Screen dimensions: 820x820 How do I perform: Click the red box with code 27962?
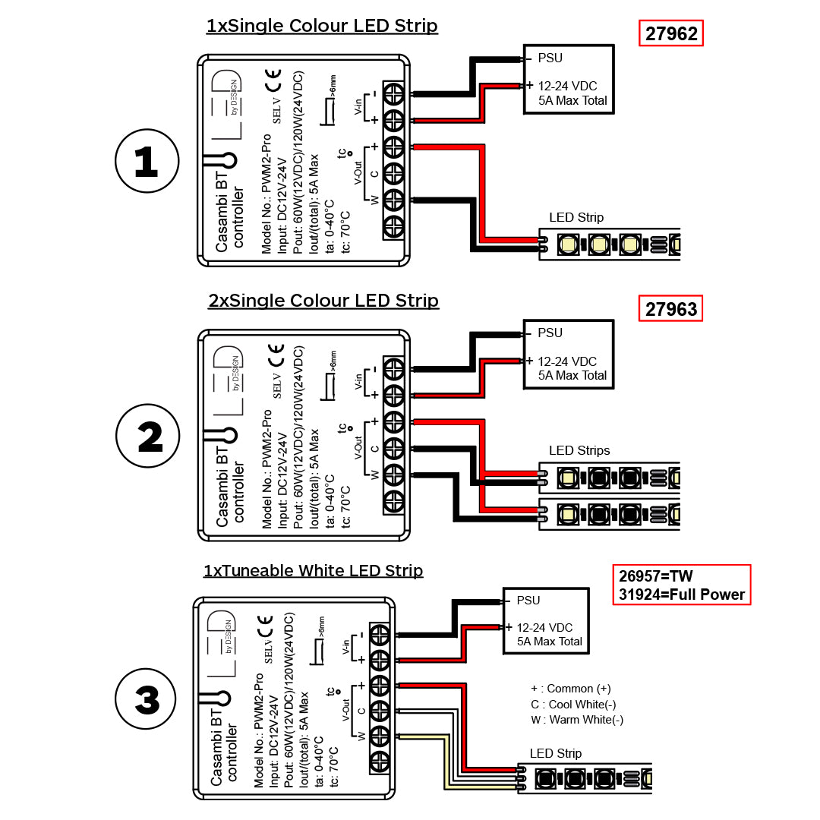click(x=671, y=34)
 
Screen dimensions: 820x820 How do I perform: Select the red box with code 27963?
click(x=671, y=309)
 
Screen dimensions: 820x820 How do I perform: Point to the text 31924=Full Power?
click(x=681, y=594)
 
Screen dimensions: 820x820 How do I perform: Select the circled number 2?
click(x=148, y=437)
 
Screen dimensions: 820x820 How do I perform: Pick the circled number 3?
click(x=147, y=699)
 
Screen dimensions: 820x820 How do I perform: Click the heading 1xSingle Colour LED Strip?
click(x=322, y=26)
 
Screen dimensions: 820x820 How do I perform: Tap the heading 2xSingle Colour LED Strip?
click(x=323, y=301)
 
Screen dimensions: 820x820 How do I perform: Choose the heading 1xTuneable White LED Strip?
click(x=313, y=570)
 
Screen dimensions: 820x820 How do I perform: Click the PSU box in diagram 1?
click(x=568, y=79)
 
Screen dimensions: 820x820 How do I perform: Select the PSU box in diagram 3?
click(x=547, y=620)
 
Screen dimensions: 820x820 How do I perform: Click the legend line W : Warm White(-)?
click(x=577, y=720)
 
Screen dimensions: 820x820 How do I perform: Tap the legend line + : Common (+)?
click(x=571, y=689)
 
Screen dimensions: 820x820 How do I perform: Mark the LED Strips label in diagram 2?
click(x=579, y=450)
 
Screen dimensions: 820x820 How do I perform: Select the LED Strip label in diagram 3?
click(x=556, y=753)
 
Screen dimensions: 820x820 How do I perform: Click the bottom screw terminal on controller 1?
click(x=393, y=226)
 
